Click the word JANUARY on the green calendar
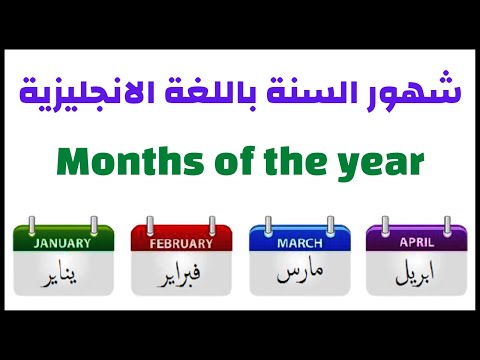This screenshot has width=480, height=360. coord(62,241)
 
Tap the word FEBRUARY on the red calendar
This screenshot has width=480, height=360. coord(181,242)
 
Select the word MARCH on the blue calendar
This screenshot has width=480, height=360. coord(298,241)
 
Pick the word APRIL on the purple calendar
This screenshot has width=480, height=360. coord(416,241)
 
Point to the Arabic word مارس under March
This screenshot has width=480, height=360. coord(298,272)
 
